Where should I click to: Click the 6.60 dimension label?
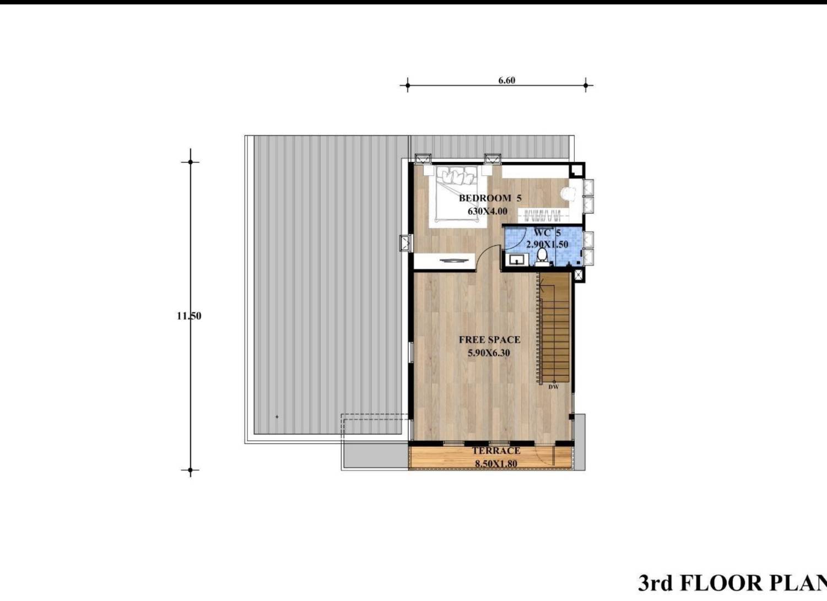tap(506, 80)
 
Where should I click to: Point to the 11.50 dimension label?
tap(189, 316)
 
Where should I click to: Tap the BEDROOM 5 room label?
tap(490, 198)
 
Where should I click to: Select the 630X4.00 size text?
tap(488, 211)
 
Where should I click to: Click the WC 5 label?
tap(548, 232)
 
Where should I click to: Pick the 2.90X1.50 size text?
tap(547, 245)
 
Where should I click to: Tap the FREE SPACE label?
tap(490, 340)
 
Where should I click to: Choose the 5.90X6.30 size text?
tap(489, 353)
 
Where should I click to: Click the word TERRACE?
tap(496, 451)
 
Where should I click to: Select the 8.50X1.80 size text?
tap(496, 464)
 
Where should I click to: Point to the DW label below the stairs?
tap(553, 387)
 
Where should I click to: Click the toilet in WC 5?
tap(542, 257)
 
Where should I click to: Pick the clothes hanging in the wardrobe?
tap(543, 215)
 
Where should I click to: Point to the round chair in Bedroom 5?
tap(568, 193)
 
